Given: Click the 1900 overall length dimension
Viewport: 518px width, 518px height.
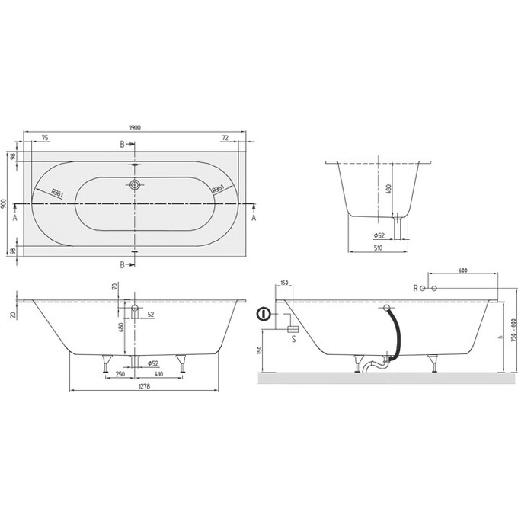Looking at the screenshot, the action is (x=135, y=128).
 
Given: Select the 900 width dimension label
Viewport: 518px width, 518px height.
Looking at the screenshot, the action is (x=4, y=203).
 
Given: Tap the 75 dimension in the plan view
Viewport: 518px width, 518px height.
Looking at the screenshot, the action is (x=46, y=138).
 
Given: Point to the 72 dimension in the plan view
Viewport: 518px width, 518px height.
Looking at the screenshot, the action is (x=225, y=138).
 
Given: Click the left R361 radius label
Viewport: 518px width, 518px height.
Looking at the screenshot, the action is (x=57, y=193).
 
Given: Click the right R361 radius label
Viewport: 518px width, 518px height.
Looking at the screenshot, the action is (x=218, y=189).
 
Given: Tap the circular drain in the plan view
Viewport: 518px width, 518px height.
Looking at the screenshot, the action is (x=135, y=184).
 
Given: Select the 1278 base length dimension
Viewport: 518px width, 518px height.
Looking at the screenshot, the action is (x=145, y=386).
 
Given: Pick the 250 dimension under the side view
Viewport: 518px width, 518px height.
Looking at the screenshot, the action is (x=120, y=374).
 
